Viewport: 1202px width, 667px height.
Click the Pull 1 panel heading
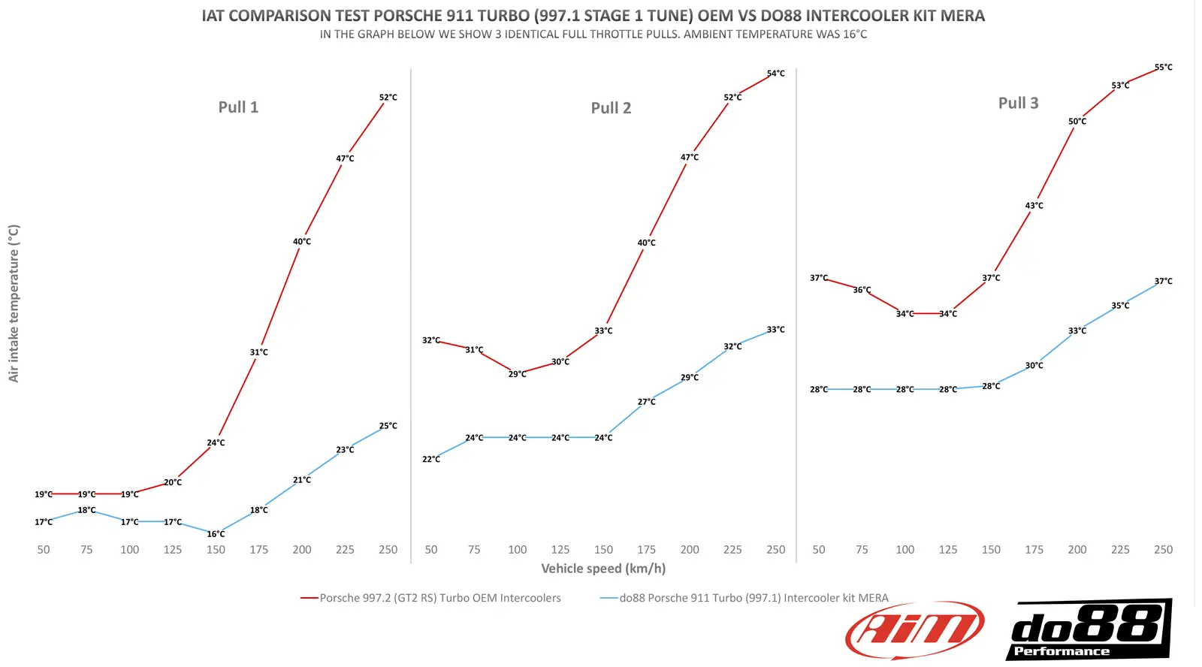point(238,107)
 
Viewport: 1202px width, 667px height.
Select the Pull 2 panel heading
point(611,108)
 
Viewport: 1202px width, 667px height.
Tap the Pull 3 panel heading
point(1018,104)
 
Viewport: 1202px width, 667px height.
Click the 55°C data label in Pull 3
point(1163,68)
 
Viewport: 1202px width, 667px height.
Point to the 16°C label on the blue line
point(216,534)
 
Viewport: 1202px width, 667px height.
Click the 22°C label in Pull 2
point(431,459)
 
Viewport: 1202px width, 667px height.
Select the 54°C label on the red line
point(775,74)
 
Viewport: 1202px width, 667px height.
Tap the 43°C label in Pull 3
point(1034,206)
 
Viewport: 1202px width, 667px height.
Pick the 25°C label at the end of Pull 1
point(388,426)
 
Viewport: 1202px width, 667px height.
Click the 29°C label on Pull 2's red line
point(517,374)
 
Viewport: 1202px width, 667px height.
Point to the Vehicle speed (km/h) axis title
point(603,569)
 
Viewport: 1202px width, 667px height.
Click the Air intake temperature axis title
point(14,303)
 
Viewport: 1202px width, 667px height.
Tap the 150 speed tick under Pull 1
point(216,550)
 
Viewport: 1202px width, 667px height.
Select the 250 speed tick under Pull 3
point(1163,550)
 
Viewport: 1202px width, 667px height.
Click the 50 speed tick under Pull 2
point(431,550)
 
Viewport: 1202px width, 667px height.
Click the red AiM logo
point(914,629)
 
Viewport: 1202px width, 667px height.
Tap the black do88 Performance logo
point(1089,629)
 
